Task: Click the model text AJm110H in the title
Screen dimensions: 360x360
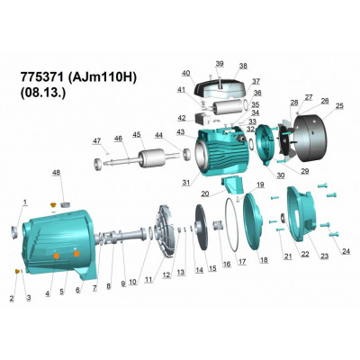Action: (103, 77)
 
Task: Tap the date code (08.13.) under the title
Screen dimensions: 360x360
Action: (42, 92)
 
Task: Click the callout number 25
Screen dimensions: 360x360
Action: (339, 106)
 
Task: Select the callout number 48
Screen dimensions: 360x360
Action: (56, 173)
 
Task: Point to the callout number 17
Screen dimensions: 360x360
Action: (242, 262)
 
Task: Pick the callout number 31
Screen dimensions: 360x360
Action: (186, 182)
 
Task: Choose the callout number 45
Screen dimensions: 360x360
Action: (137, 135)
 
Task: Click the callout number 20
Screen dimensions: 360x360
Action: (205, 193)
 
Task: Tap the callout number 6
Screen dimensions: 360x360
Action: (78, 290)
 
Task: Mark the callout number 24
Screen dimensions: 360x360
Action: (346, 252)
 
